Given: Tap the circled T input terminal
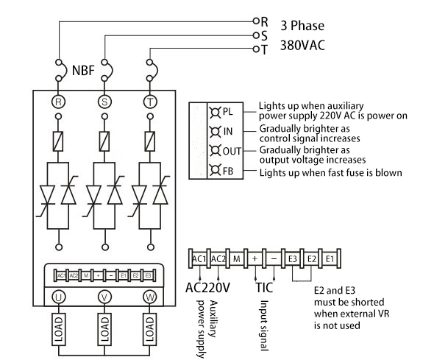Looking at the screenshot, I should pos(151,101).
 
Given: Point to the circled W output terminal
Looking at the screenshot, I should pos(151,297).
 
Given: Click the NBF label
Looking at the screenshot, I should pos(83,72).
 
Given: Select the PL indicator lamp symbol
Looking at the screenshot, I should pos(215,113).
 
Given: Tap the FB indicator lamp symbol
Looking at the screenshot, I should pos(215,172).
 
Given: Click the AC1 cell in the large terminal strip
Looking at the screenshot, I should pos(198,259).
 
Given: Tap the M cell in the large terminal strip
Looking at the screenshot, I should pos(236,259).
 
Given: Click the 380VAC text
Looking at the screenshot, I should pos(302,46).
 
